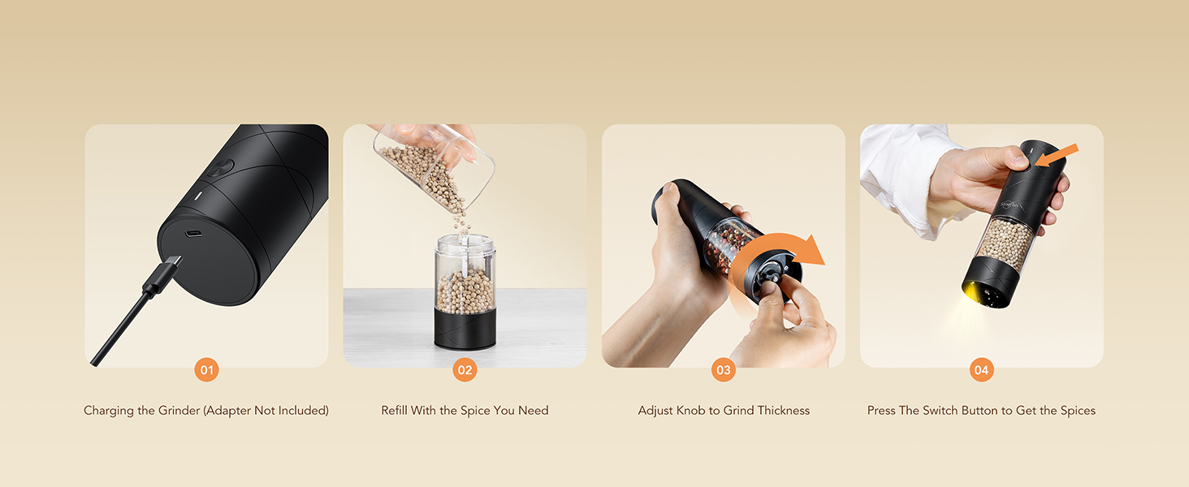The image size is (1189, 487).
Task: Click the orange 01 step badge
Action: [206, 370]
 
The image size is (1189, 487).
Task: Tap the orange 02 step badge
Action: [465, 370]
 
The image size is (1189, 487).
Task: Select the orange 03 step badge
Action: [724, 370]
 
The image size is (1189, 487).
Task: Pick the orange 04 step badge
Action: [981, 370]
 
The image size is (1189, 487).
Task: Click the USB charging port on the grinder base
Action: [193, 234]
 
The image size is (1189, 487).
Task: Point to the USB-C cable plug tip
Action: [175, 262]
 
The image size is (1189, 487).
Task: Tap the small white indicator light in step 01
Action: [197, 196]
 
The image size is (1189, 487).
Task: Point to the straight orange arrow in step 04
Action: [1057, 156]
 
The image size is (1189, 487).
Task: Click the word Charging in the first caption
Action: [109, 411]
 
